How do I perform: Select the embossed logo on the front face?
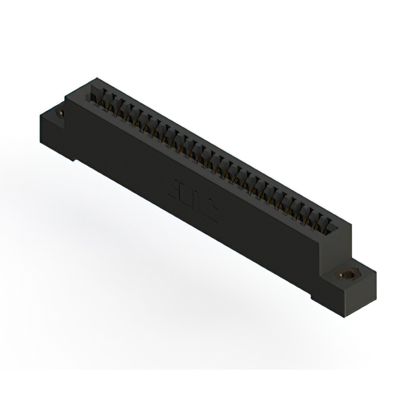click(195, 195)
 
